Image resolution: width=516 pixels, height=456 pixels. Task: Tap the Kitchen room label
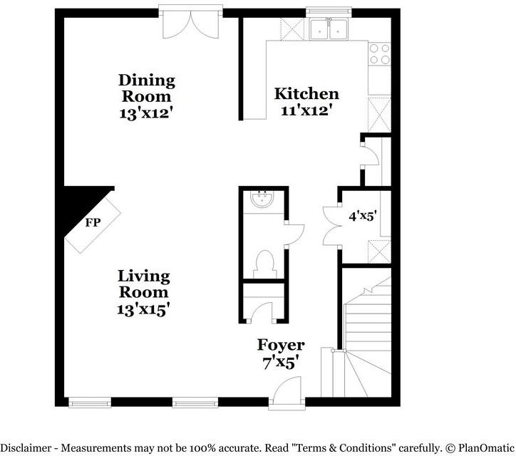[306, 93]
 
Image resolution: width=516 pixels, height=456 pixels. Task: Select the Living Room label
[144, 284]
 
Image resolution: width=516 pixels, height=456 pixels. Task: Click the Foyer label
[282, 345]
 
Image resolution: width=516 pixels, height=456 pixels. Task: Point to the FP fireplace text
[93, 222]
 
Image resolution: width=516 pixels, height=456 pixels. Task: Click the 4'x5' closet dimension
[363, 214]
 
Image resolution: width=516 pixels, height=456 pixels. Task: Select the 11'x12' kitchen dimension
[306, 110]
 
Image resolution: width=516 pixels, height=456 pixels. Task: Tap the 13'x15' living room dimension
[144, 309]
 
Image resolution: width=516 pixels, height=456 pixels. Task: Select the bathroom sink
[264, 199]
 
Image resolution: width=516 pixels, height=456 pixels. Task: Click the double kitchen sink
[328, 29]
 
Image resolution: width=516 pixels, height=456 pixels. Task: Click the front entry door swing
[289, 391]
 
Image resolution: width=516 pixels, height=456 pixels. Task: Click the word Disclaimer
[27, 447]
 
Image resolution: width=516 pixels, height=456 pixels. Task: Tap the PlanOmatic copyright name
[483, 447]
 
